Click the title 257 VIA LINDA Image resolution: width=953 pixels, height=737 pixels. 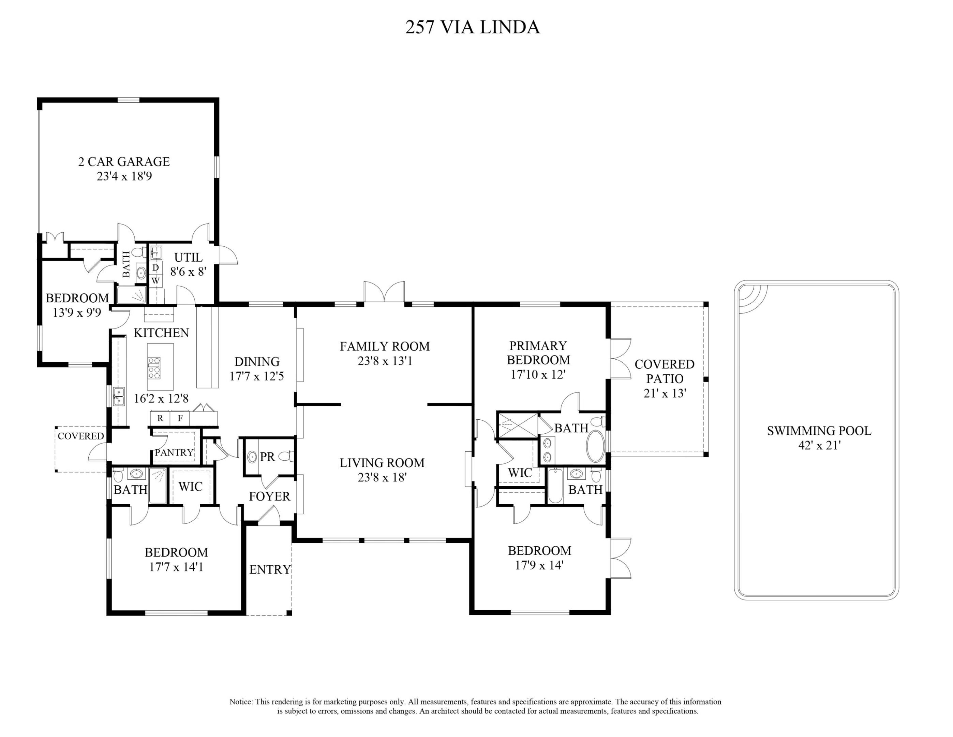tap(473, 27)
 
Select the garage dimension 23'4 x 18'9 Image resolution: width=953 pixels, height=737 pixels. tap(124, 176)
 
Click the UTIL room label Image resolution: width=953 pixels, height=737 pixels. tap(188, 258)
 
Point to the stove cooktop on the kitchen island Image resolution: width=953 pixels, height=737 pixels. tap(154, 367)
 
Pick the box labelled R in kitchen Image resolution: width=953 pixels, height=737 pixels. tap(160, 418)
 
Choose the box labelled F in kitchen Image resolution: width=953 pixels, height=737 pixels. tap(180, 418)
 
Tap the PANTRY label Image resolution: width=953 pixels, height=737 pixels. tap(174, 452)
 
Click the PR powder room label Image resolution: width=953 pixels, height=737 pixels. tap(267, 457)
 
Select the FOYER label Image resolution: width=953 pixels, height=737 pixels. tap(269, 496)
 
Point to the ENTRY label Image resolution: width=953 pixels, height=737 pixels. tap(270, 569)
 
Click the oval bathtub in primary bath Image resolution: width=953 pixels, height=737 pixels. tap(595, 446)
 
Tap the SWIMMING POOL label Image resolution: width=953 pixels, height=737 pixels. tap(819, 431)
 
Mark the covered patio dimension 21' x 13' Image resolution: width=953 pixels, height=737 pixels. tap(665, 393)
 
